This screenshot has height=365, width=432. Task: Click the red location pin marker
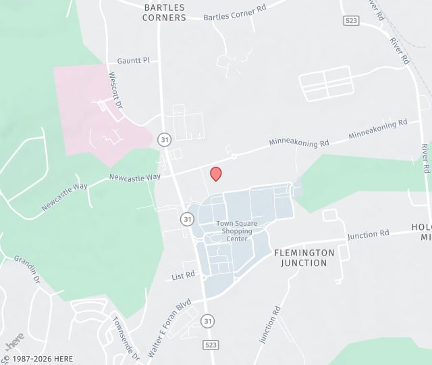(x=216, y=174)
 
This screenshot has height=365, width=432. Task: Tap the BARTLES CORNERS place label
(x=164, y=12)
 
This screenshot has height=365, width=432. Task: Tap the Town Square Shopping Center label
(x=234, y=230)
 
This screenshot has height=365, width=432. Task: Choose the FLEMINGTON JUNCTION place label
(x=304, y=257)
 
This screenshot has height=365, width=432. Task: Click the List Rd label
(x=183, y=275)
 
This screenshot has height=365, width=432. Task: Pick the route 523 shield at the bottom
(x=210, y=345)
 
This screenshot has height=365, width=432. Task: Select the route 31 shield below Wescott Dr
(x=164, y=139)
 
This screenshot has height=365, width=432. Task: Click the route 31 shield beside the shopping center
(x=187, y=219)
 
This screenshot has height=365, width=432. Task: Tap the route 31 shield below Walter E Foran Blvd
(x=209, y=321)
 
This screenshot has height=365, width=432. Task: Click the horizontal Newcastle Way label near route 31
(x=135, y=178)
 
